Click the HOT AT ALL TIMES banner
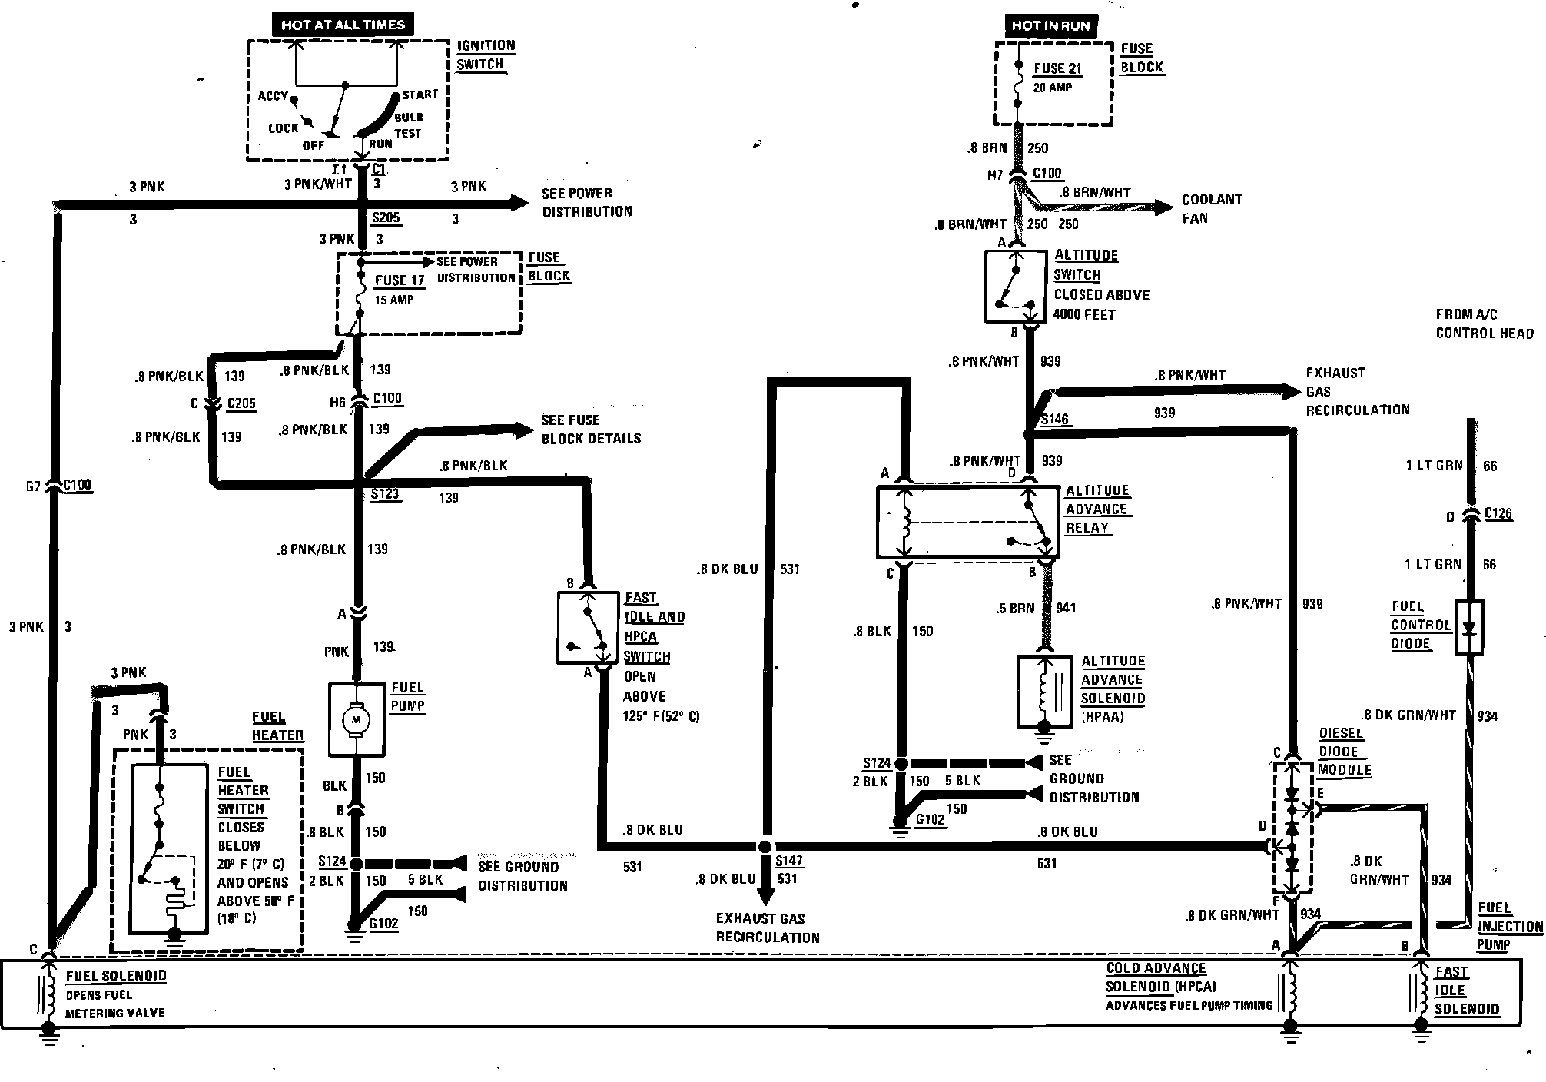point(343,24)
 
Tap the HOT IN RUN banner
point(1050,25)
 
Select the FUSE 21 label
point(1057,68)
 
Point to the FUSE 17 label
point(400,280)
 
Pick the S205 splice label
point(386,217)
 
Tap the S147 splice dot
point(764,847)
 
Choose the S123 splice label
point(385,493)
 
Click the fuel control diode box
point(1469,628)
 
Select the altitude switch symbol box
point(1015,286)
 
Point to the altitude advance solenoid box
point(1043,692)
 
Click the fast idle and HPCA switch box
point(588,627)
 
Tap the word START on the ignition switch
point(420,95)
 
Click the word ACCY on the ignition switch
point(273,96)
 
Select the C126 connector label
point(1498,513)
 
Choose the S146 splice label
point(1055,420)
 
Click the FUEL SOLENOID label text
point(116,977)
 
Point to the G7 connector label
point(33,486)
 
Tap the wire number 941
point(1066,608)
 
